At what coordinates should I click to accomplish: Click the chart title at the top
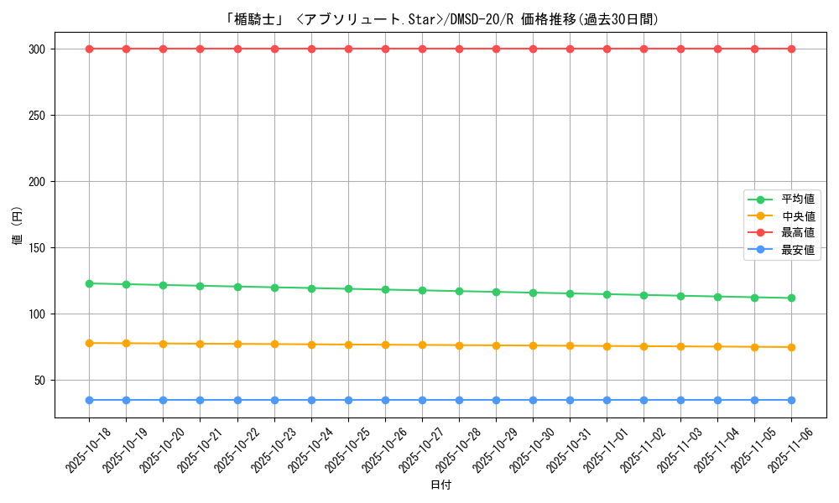coord(442,19)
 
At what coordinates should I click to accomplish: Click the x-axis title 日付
coord(440,485)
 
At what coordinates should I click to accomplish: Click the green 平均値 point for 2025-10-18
coord(89,283)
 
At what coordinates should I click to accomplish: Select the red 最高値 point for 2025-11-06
coord(791,49)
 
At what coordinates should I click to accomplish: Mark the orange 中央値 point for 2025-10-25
coord(348,345)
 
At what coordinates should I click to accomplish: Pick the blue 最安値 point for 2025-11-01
coord(607,400)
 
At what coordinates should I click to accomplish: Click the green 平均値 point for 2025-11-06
coord(791,298)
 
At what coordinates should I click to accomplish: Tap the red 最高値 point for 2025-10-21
coord(200,49)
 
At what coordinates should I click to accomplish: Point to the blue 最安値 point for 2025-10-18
coord(89,400)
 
